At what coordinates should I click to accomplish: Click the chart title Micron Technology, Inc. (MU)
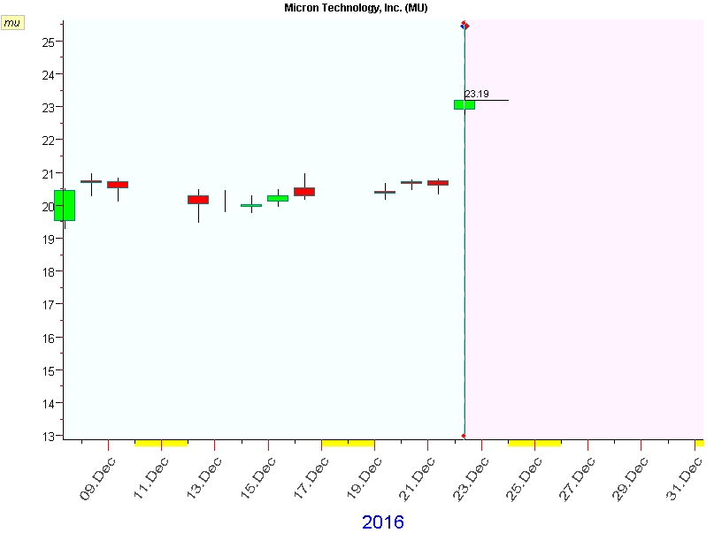(x=356, y=7)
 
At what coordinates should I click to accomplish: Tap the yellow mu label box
(x=12, y=23)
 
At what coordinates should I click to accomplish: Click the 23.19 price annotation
(x=477, y=94)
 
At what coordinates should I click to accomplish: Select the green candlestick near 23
(x=464, y=104)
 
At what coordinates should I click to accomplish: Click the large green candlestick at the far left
(x=65, y=205)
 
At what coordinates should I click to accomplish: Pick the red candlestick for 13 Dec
(x=198, y=200)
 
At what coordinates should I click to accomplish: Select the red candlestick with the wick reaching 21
(x=304, y=191)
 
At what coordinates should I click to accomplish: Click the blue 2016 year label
(x=382, y=522)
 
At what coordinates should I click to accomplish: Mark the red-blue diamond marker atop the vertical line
(x=464, y=25)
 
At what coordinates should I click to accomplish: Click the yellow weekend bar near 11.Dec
(x=161, y=442)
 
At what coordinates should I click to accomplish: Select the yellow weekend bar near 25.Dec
(x=534, y=442)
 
